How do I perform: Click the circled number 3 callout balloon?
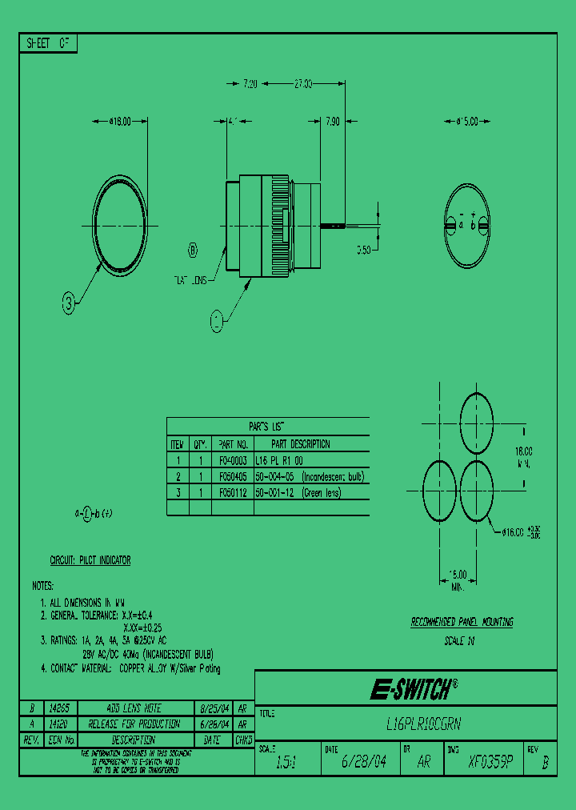coord(71,303)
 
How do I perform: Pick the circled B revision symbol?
coord(193,251)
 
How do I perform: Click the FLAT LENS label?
coord(190,280)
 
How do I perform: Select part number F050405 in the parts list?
coord(234,477)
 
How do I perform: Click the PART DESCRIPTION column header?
coord(300,444)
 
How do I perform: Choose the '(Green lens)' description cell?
coord(321,493)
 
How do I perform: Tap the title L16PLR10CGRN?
coord(423,723)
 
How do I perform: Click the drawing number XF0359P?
coord(490,763)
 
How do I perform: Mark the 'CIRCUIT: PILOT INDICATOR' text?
coord(90,561)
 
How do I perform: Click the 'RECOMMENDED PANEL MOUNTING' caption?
coord(462,622)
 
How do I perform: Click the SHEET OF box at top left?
coord(48,44)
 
